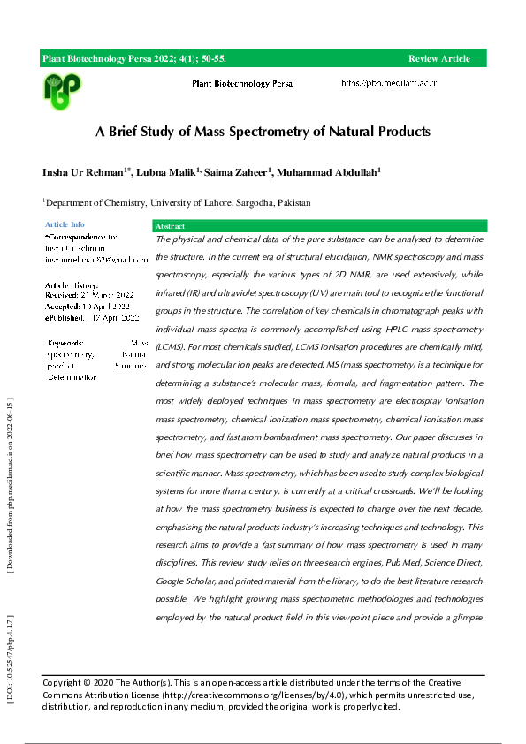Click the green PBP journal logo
62,87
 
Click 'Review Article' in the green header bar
438,58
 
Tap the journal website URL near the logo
390,83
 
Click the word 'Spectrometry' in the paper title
270,132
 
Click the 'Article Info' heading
65,225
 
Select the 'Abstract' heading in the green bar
171,227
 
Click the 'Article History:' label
72,285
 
